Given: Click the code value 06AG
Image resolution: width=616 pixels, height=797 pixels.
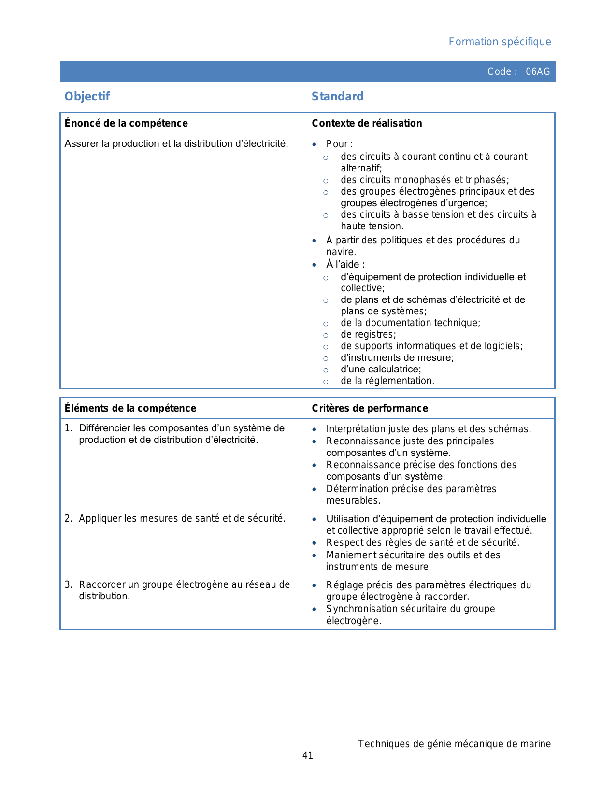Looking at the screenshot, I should coord(537,71).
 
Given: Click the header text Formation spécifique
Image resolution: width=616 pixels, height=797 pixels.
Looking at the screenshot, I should coord(500,42).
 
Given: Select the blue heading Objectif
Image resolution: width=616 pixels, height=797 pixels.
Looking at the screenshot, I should coord(87,97).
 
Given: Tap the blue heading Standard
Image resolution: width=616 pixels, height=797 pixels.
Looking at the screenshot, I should coord(337,97).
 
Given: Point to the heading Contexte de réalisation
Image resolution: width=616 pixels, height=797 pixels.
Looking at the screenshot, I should coord(367,123).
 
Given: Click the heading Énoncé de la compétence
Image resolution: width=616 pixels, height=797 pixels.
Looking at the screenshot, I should coord(126,123).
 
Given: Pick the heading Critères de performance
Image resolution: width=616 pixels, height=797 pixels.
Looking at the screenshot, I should coord(370,408).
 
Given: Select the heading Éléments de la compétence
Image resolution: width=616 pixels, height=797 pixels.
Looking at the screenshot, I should coord(130,408).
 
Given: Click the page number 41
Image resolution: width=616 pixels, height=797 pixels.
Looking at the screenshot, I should coord(308,755).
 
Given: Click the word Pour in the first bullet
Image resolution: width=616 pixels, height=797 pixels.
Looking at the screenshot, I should coord(337,144).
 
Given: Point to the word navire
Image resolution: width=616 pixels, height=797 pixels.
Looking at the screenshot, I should coord(341,252).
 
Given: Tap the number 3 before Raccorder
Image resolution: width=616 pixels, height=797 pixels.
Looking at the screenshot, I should coord(68,585).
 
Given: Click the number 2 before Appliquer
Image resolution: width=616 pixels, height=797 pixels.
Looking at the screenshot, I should coord(68,519).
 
